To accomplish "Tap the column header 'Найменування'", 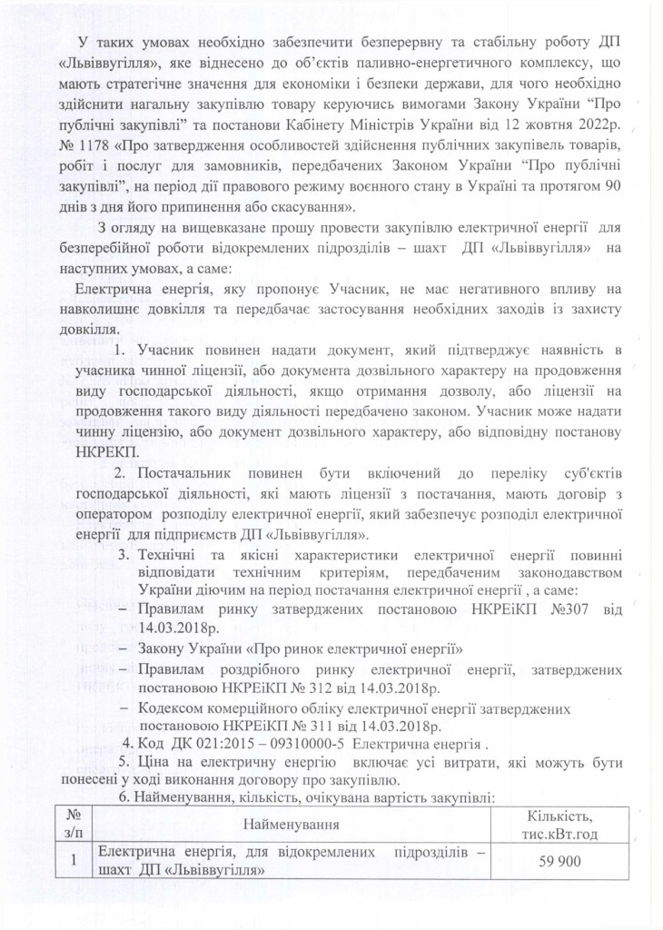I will tap(302, 825).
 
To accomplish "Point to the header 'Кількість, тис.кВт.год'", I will tap(565, 825).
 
